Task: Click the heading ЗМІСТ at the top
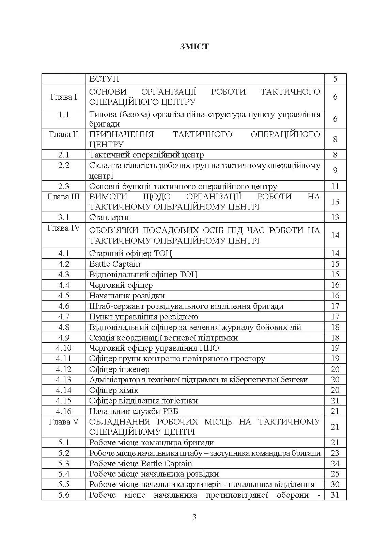194,47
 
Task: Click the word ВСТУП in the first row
104,79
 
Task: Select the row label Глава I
64,97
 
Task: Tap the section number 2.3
64,186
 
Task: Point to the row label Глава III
64,197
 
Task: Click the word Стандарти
109,217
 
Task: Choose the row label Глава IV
64,228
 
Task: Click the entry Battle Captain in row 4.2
114,264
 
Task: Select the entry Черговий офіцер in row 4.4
121,285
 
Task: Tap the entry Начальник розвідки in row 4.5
127,296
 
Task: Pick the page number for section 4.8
335,327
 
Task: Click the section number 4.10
64,348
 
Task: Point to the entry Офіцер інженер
119,369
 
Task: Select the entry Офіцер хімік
114,390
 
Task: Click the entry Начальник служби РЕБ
134,411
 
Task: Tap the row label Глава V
64,422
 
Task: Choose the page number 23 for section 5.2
335,453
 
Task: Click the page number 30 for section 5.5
335,484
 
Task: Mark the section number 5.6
64,495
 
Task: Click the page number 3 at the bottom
194,517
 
